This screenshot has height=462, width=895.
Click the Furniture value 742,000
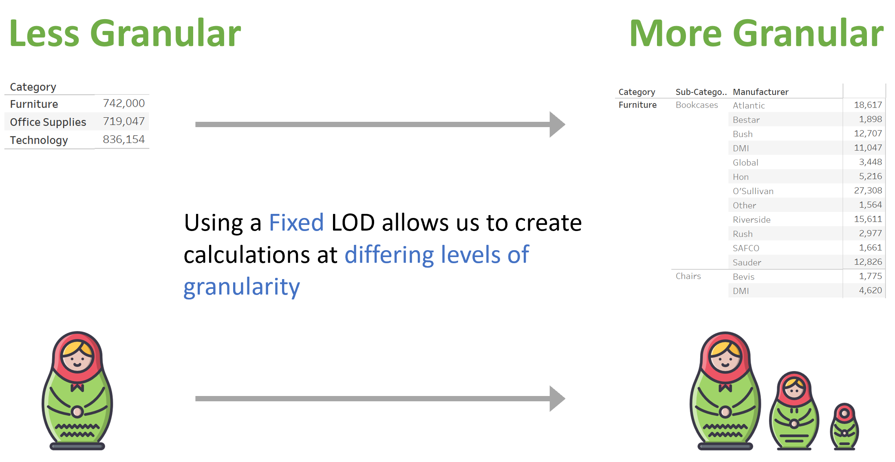point(123,103)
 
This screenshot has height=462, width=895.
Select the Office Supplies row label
point(48,122)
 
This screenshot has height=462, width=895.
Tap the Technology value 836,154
point(123,139)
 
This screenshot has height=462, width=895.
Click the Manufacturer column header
point(761,92)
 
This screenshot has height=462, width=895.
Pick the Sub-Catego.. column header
point(701,92)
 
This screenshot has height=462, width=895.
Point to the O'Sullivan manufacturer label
point(753,191)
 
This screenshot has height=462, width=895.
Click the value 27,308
point(868,191)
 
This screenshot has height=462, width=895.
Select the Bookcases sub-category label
point(697,105)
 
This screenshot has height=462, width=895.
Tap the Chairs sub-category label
point(688,276)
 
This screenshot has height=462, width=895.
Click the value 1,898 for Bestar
point(871,119)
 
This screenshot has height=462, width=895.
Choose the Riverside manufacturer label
point(752,220)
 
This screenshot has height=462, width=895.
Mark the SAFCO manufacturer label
point(746,248)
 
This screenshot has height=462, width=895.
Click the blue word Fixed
point(296,223)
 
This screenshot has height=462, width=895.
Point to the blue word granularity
point(242,287)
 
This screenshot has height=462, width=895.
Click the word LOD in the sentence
point(353,223)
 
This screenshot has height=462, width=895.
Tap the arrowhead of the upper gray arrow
point(557,124)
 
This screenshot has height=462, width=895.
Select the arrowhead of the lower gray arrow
point(557,398)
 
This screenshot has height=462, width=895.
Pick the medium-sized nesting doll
point(794,411)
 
